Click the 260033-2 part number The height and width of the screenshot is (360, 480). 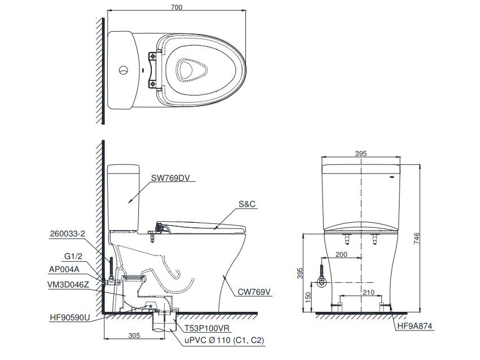pyautogui.click(x=68, y=234)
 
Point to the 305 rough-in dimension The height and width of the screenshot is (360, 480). pyautogui.click(x=134, y=336)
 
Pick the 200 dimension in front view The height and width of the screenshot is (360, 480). pyautogui.click(x=342, y=255)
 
